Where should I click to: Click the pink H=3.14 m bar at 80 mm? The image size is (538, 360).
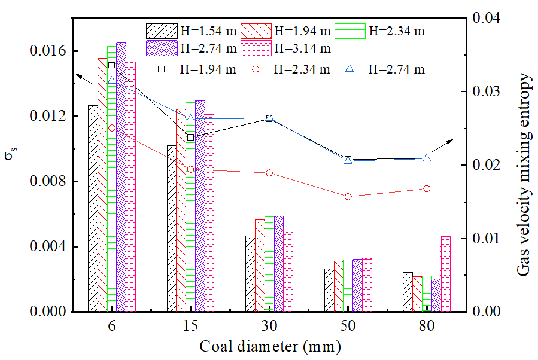445,274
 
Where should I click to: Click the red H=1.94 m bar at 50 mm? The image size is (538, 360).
338,286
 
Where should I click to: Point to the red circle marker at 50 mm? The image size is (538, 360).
348,196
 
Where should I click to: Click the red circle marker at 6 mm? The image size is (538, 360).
112,128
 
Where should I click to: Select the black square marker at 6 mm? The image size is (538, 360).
112,65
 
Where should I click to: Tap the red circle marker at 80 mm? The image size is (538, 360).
427,188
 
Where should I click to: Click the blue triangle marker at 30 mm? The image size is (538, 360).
269,118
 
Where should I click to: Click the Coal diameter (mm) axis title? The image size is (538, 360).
270,347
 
